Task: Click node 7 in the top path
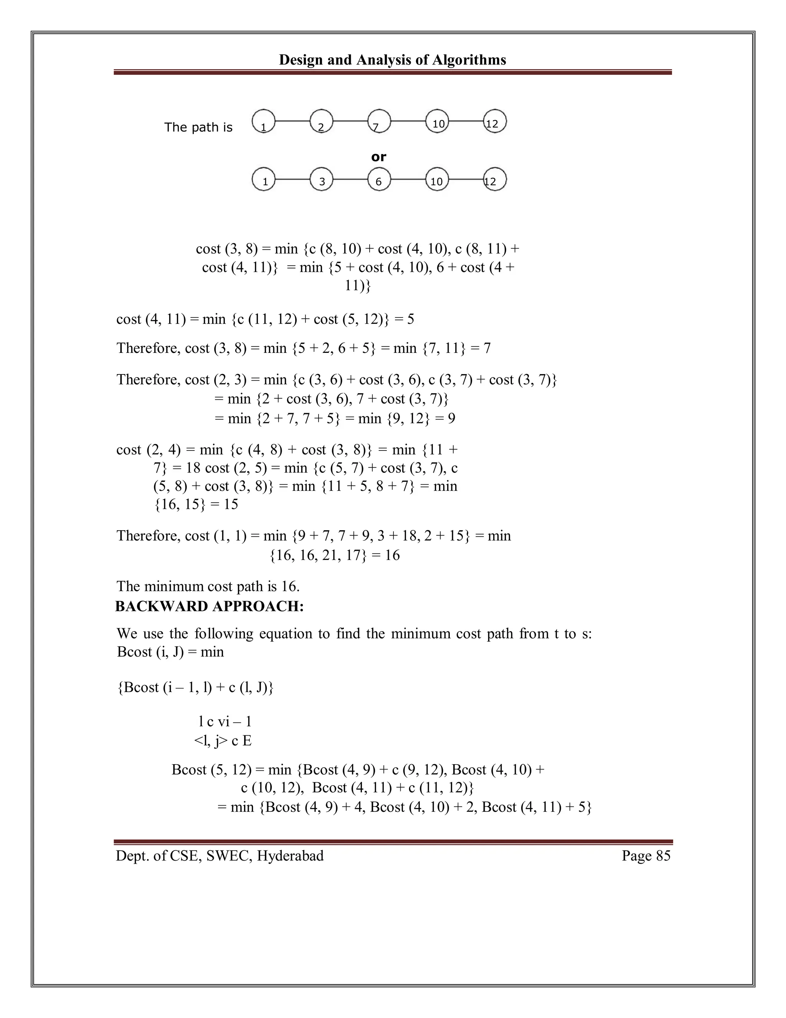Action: (x=379, y=121)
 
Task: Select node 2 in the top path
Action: (x=321, y=121)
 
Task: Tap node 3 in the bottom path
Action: (x=321, y=179)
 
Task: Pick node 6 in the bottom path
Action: (x=379, y=179)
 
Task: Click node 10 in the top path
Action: (x=437, y=121)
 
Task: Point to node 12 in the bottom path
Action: (x=495, y=179)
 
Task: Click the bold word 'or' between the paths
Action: (x=378, y=157)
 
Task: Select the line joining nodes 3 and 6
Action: (x=350, y=179)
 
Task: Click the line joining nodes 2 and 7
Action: (x=350, y=121)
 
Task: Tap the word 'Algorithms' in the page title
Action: (x=469, y=60)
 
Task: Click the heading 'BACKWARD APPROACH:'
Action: (x=209, y=606)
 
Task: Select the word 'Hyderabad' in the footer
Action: (x=290, y=856)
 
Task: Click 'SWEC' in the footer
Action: (x=227, y=856)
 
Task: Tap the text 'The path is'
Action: (x=198, y=127)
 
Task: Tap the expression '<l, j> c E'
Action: (x=223, y=741)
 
